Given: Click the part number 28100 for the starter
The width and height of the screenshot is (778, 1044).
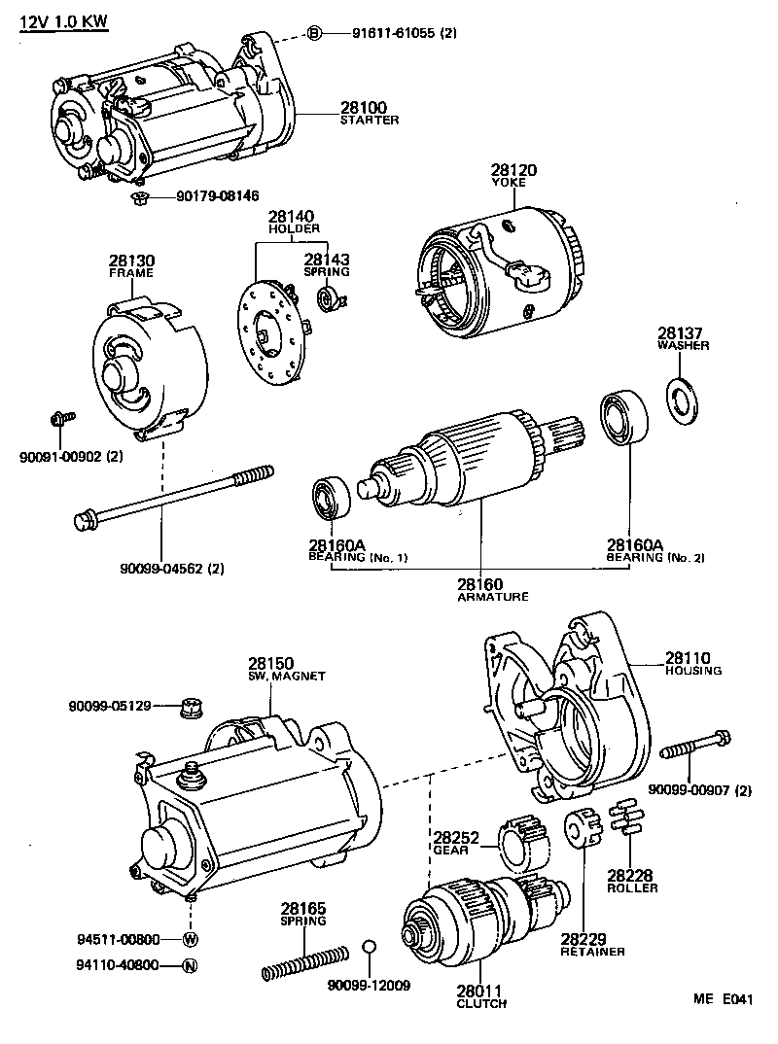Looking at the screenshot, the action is click(364, 107).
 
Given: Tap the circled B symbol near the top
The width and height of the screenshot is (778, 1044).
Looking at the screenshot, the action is click(315, 33).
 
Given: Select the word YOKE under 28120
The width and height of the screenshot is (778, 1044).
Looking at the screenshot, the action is click(509, 183).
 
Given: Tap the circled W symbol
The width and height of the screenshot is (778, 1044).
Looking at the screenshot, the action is click(191, 939).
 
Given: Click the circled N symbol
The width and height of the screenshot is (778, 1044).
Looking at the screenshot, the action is click(190, 965).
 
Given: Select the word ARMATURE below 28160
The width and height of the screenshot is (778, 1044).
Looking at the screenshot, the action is click(493, 597).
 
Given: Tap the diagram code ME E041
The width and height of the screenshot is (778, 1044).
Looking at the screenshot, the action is click(723, 999).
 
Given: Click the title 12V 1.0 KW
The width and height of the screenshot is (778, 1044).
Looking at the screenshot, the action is click(63, 22).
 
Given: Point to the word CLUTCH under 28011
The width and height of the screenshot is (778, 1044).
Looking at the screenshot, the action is click(481, 1003).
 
